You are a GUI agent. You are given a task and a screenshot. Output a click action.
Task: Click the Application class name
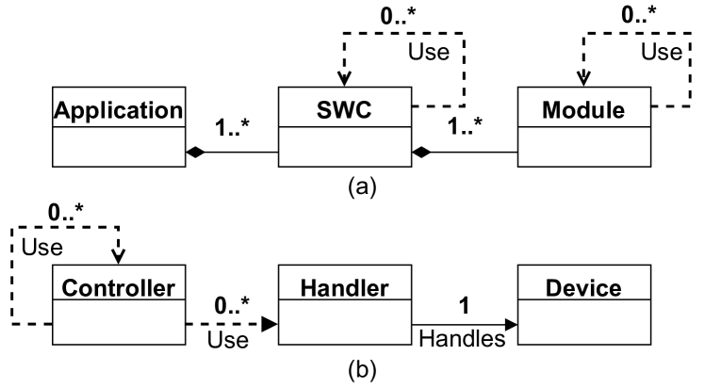click(118, 110)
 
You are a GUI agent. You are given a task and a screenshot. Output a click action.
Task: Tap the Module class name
click(584, 110)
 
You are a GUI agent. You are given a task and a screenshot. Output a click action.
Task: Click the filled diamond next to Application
click(195, 151)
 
